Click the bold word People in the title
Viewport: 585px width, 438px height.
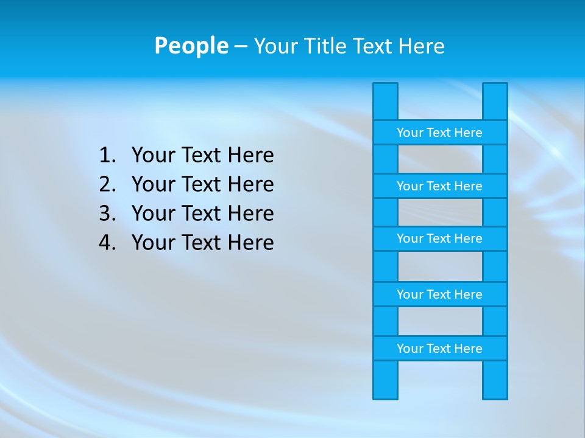point(191,46)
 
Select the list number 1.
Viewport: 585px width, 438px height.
point(107,156)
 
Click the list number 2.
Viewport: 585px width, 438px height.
point(107,184)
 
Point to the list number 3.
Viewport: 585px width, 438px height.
point(107,214)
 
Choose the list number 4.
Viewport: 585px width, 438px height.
point(107,243)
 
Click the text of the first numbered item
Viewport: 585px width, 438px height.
point(202,156)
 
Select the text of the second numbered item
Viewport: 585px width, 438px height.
point(202,184)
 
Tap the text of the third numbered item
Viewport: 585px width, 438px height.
point(202,214)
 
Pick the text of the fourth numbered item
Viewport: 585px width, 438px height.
point(202,243)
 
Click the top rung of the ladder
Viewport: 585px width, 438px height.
point(439,133)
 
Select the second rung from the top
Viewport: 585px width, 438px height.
point(439,186)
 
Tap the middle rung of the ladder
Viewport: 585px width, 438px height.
point(439,239)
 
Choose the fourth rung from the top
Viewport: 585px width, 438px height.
point(439,294)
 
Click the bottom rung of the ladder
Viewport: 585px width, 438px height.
point(439,349)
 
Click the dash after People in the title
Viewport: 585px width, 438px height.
point(241,46)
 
